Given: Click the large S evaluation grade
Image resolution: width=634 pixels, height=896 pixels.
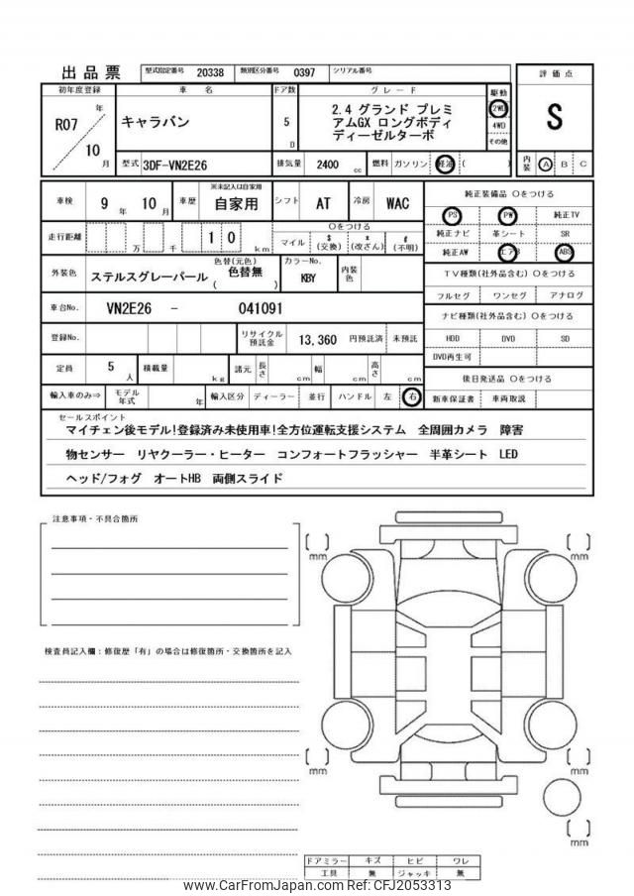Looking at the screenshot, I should pyautogui.click(x=554, y=116).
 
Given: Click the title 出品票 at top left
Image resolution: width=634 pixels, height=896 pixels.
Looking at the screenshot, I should pyautogui.click(x=91, y=72).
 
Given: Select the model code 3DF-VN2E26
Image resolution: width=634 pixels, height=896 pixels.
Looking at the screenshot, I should pyautogui.click(x=174, y=166).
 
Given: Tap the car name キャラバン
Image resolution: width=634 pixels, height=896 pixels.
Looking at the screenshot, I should pyautogui.click(x=154, y=122).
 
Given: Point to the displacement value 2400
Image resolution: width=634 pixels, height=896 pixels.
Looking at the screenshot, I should pyautogui.click(x=329, y=166).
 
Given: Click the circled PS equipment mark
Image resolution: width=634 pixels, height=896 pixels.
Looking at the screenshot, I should pyautogui.click(x=453, y=215).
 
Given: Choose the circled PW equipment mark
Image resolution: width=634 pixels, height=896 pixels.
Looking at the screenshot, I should pyautogui.click(x=509, y=215).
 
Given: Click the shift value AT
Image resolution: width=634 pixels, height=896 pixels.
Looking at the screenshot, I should pyautogui.click(x=323, y=203).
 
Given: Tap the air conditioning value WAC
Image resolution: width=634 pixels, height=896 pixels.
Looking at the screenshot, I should pyautogui.click(x=396, y=203).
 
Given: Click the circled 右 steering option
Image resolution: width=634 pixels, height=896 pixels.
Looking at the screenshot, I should pyautogui.click(x=412, y=396).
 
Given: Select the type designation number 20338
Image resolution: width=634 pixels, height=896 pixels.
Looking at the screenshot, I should pyautogui.click(x=211, y=72).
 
